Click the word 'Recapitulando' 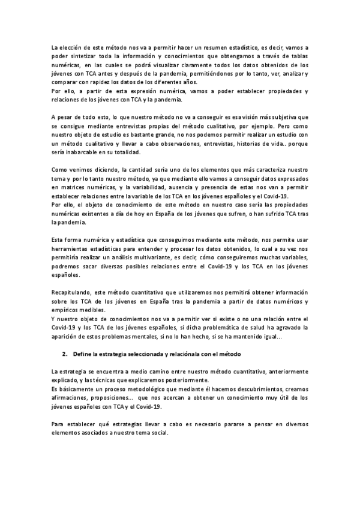point(73,292)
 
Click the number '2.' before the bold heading point(66,353)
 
